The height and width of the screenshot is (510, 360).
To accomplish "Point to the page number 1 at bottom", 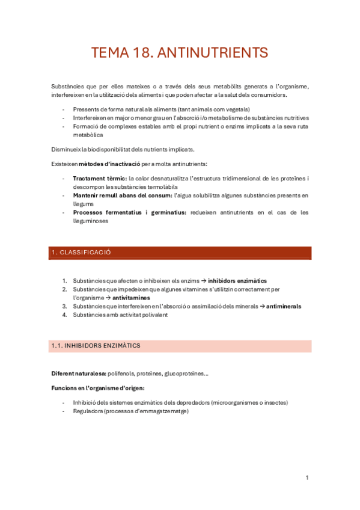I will click(307, 478).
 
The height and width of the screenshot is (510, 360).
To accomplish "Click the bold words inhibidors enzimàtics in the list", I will click(237, 281).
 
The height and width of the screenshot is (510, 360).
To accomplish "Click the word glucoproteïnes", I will click(187, 373).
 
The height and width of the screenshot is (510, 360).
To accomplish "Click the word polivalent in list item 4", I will click(153, 315).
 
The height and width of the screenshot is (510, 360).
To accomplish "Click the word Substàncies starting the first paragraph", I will click(68, 87).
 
